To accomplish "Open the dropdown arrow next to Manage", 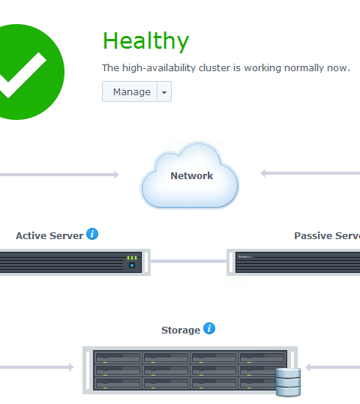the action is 164,92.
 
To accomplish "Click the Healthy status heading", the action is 146,40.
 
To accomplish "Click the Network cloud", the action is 190,175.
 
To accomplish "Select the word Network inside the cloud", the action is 191,175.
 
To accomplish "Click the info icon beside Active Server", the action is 92,234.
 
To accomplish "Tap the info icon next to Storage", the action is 209,328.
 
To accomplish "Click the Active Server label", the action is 49,236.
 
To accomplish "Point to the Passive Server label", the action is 327,236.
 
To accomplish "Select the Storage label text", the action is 181,331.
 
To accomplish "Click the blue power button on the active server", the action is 132,265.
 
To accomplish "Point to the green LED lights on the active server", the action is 132,258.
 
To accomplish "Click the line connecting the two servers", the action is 188,262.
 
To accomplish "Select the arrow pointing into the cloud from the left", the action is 59,175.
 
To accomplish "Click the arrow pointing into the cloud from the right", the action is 310,173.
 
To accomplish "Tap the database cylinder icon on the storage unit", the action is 288,382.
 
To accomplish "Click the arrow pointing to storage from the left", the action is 37,367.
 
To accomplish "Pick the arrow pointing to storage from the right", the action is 332,367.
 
